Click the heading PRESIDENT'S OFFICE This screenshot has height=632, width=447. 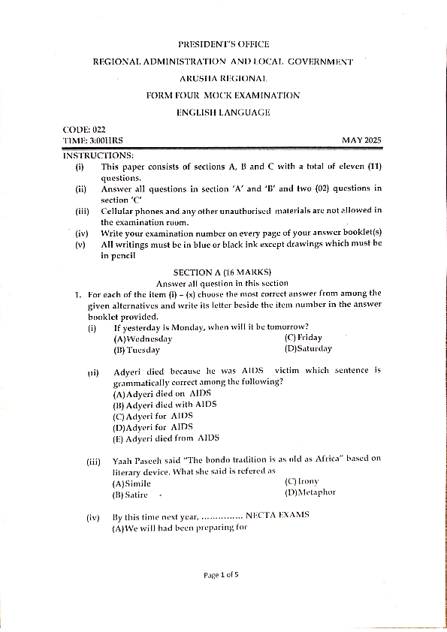click(x=223, y=44)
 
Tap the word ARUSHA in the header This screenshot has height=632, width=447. click(x=196, y=78)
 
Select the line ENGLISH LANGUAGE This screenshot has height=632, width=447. click(x=223, y=113)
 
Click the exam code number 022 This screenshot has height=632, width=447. click(x=98, y=130)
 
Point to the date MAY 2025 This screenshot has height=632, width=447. click(x=362, y=140)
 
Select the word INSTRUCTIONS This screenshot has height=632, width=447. click(x=98, y=155)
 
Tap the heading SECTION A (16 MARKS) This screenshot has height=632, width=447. click(x=222, y=272)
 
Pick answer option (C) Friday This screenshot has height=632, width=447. click(x=304, y=338)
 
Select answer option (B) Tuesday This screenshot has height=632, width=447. click(x=137, y=350)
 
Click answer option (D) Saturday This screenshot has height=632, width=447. click(x=308, y=348)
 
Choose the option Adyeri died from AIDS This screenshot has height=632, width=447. click(x=166, y=438)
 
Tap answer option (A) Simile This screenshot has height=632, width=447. click(x=131, y=483)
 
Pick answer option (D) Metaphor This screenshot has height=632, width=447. click(x=310, y=492)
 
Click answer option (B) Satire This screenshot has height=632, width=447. click(x=130, y=495)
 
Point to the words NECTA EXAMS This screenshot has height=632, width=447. click(x=277, y=515)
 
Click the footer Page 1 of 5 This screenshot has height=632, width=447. click(x=221, y=575)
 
